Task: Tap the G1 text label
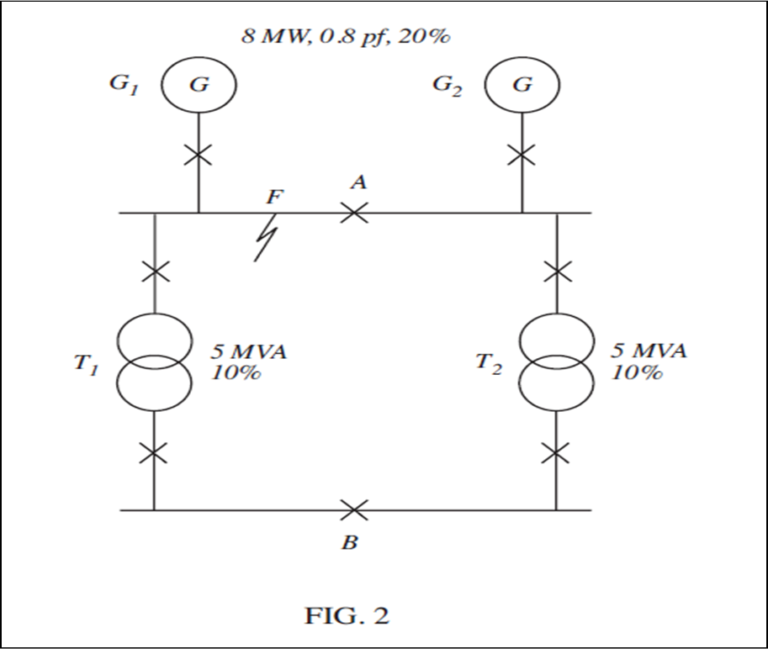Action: (127, 86)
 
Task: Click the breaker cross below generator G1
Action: (199, 155)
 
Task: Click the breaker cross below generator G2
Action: (522, 155)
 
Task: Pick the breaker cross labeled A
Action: (354, 213)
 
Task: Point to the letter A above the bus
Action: (359, 182)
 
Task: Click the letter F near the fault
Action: (275, 198)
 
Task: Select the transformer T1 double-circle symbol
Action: (154, 361)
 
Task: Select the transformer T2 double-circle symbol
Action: (556, 361)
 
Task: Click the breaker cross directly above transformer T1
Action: (155, 272)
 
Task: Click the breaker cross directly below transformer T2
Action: (556, 454)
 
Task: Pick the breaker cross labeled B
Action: (354, 509)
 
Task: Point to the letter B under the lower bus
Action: (349, 543)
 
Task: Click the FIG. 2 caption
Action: (346, 616)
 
